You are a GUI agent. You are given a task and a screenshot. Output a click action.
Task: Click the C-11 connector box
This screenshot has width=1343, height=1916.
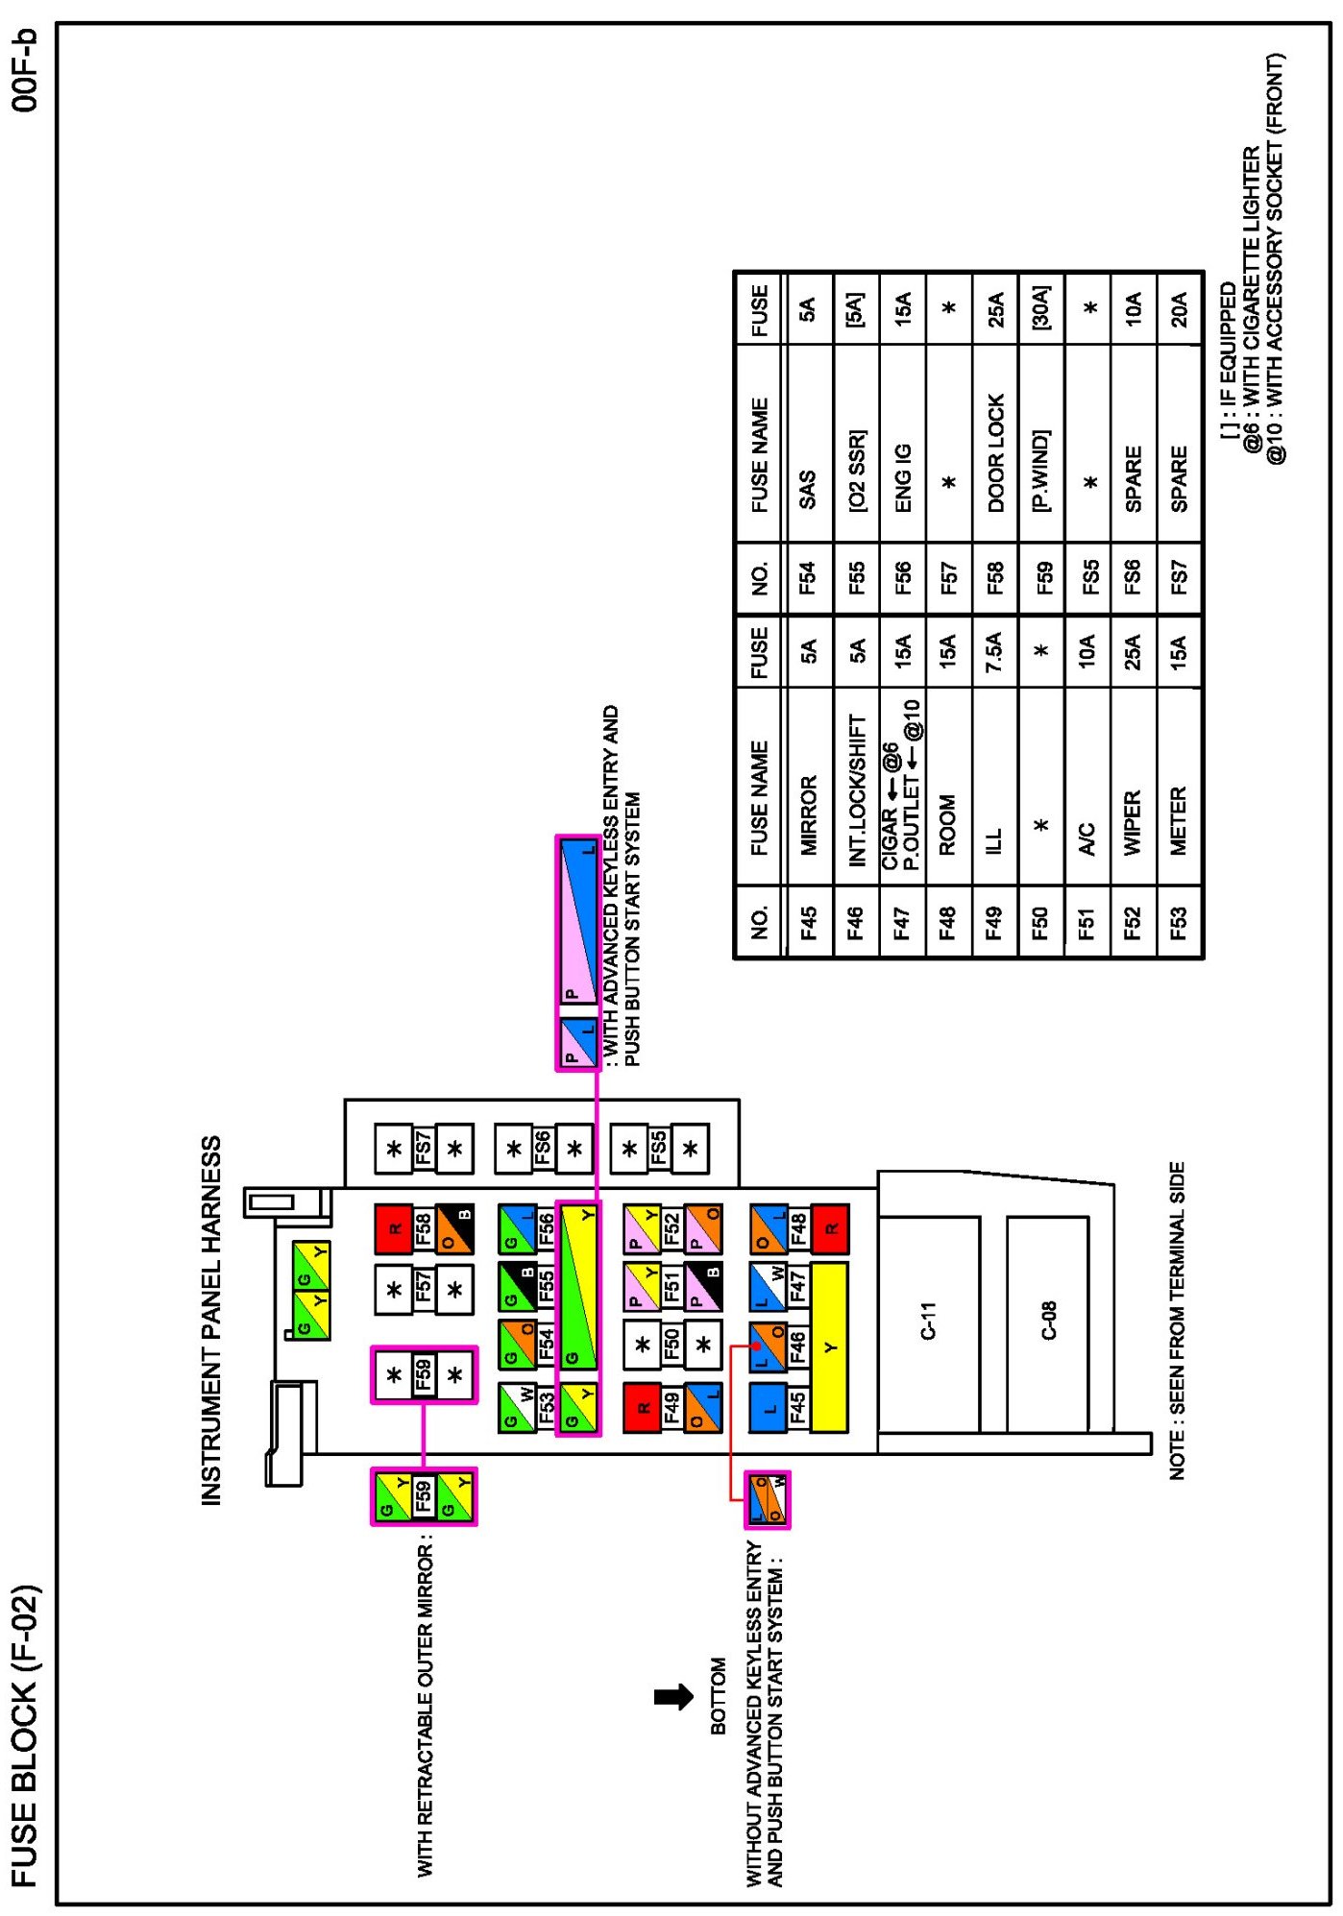[928, 1322]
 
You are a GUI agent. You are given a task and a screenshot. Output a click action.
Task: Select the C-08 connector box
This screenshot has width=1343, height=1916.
[1047, 1322]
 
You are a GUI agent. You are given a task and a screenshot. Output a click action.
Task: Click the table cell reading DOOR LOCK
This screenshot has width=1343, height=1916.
[995, 452]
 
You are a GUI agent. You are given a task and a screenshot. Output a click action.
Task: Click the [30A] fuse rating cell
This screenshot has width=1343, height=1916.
[1041, 307]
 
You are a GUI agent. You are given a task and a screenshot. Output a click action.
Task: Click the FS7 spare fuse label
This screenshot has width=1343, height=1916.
[423, 1149]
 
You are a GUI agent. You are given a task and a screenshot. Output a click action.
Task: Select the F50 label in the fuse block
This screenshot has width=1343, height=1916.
[672, 1344]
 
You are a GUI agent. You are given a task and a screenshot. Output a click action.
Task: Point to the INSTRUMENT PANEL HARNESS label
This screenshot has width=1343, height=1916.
[210, 1321]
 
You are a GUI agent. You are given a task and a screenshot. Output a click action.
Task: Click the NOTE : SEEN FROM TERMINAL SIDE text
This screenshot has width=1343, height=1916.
[1178, 1322]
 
